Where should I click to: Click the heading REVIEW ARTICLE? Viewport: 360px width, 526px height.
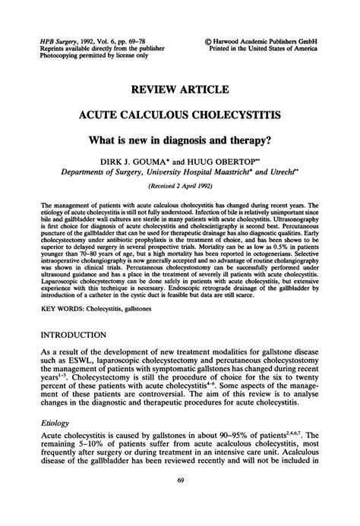[x=179, y=90]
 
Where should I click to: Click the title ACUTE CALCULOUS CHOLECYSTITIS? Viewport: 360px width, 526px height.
[x=179, y=118]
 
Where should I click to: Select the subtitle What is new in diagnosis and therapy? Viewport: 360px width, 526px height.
[x=179, y=142]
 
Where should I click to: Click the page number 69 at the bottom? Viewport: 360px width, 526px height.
[x=180, y=501]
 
